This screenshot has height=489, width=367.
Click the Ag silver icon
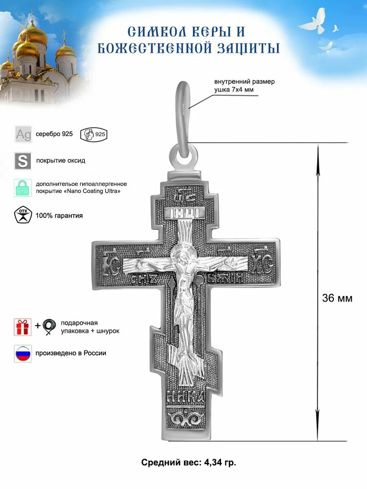tap(23, 134)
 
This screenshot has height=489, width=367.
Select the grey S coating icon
tap(23, 161)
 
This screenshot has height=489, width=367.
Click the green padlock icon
tap(22, 188)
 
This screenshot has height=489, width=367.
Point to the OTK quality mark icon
tap(22, 215)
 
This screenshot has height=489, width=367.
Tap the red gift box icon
tap(22, 327)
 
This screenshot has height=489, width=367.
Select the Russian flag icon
tap(23, 353)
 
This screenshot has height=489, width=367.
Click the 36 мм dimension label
tap(337, 298)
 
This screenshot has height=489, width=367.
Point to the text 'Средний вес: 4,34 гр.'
tap(188, 463)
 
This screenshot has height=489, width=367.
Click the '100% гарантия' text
tap(59, 216)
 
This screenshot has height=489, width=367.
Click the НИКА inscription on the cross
tap(186, 396)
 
